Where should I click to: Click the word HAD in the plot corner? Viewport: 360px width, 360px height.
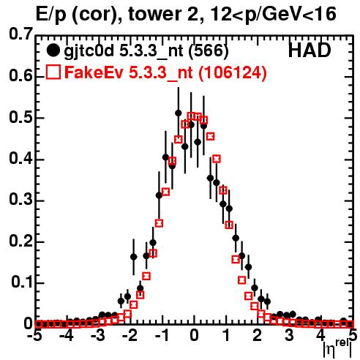tap(310, 50)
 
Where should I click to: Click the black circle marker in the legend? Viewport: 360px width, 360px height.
tap(53, 50)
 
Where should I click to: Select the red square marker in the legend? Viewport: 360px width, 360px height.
tap(53, 72)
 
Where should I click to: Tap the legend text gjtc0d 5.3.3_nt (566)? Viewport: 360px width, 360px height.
tap(146, 51)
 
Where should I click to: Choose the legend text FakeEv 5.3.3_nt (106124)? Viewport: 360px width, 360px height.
tap(166, 72)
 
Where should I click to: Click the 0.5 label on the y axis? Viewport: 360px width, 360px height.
tap(20, 118)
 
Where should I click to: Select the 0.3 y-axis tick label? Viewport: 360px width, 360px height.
tap(20, 200)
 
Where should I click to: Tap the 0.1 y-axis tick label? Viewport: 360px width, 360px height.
tap(22, 282)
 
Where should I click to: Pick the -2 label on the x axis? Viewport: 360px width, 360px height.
tap(131, 336)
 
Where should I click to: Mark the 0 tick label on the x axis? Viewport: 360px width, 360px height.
tap(194, 336)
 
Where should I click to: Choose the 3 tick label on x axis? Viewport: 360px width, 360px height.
tap(289, 336)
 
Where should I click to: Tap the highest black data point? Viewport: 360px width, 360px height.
tap(179, 113)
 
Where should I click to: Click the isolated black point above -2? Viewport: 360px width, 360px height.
tap(133, 257)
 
